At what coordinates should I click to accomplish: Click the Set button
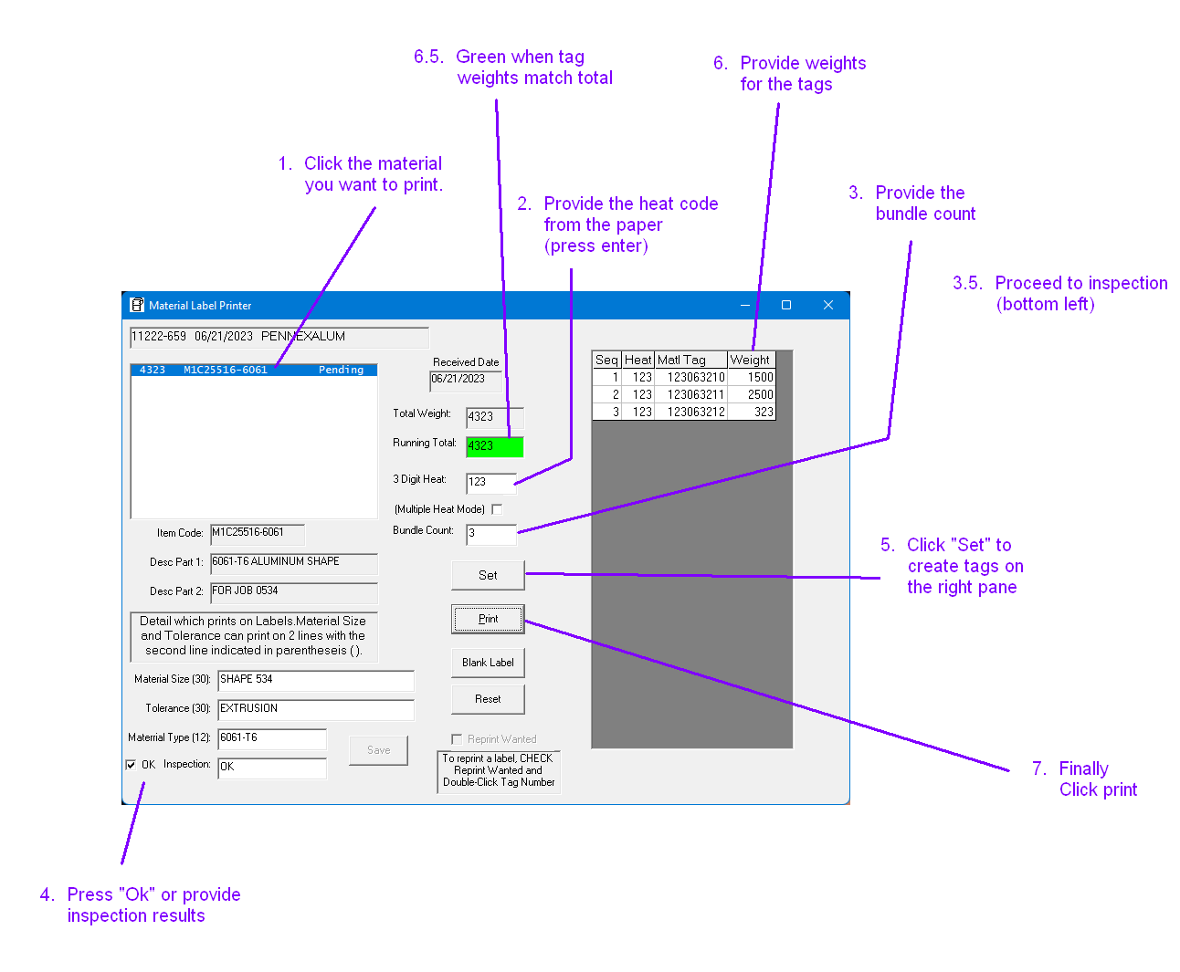click(488, 575)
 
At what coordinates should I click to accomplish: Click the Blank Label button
click(488, 663)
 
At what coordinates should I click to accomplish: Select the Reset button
click(488, 699)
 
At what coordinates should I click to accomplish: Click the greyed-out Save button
click(378, 750)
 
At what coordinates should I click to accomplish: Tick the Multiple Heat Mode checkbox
click(497, 509)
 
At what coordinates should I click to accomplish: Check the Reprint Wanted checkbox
click(457, 739)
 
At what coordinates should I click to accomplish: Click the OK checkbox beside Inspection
click(131, 765)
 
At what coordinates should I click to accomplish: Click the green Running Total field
click(494, 446)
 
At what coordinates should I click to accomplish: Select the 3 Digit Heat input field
click(490, 482)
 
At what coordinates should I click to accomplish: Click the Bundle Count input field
click(490, 533)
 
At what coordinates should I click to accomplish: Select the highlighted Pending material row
click(253, 370)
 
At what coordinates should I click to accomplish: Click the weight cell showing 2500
click(751, 394)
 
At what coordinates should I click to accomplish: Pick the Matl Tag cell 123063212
click(691, 412)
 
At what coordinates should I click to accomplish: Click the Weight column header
click(751, 360)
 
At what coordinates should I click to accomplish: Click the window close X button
click(828, 305)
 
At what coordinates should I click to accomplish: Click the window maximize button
click(786, 305)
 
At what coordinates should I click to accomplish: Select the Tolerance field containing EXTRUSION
click(315, 709)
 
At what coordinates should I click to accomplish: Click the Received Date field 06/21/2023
click(466, 380)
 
